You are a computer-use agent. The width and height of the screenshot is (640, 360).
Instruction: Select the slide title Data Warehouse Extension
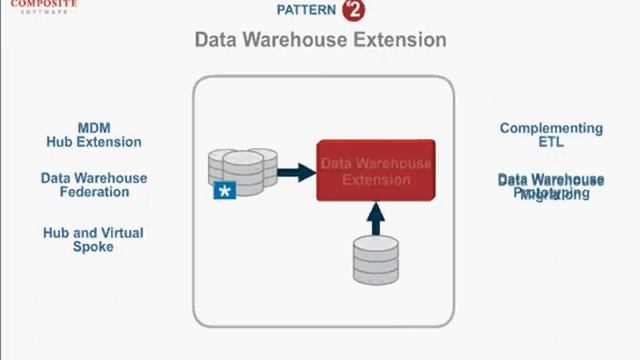click(x=320, y=40)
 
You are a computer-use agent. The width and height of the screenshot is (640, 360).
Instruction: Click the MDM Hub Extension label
click(x=94, y=135)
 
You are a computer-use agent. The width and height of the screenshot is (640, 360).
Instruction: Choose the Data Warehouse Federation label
click(x=94, y=185)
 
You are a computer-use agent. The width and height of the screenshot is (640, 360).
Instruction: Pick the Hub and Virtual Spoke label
click(x=93, y=239)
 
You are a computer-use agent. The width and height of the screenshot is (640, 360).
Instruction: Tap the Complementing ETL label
click(x=551, y=135)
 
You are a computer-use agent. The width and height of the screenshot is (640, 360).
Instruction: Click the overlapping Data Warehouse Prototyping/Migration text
click(x=551, y=187)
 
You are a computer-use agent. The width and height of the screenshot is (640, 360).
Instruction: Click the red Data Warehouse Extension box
click(x=375, y=171)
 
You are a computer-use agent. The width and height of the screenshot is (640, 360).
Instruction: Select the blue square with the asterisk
click(x=225, y=189)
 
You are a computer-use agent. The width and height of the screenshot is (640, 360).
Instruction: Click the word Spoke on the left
click(x=93, y=246)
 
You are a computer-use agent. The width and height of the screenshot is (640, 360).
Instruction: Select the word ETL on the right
click(x=551, y=142)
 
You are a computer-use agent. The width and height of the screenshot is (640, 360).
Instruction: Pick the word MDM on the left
click(x=94, y=128)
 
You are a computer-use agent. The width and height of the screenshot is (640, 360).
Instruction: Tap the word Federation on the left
click(x=94, y=192)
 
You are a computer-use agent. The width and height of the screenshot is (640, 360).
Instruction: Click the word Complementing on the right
click(x=551, y=128)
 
